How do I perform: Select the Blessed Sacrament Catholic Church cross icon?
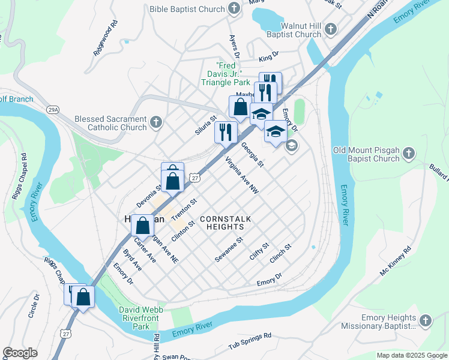[x=156, y=123]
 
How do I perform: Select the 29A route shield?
[x=53, y=109]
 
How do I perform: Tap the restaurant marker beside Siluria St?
[x=226, y=131]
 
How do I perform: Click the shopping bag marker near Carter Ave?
[x=142, y=226]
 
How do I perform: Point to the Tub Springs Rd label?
[x=250, y=341]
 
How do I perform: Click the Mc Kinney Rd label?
[x=396, y=260]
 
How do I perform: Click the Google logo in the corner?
[x=20, y=353]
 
